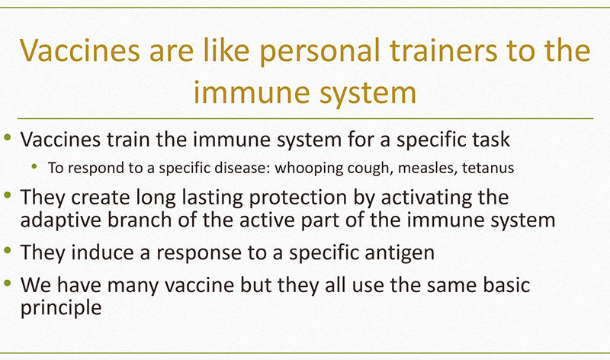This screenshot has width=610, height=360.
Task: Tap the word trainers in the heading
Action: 444,50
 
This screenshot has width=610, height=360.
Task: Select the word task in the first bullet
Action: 491,140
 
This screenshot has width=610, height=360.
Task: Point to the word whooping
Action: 309,169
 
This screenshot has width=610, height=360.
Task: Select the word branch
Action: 140,220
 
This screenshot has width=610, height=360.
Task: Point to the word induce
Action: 103,252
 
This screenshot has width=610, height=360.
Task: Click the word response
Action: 199,254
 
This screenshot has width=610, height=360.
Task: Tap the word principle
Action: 61,308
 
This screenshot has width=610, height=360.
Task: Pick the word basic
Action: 506,285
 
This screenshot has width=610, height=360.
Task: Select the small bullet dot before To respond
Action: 34,166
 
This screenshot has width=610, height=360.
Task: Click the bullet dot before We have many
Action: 8,283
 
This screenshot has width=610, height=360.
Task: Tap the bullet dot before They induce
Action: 8,250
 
